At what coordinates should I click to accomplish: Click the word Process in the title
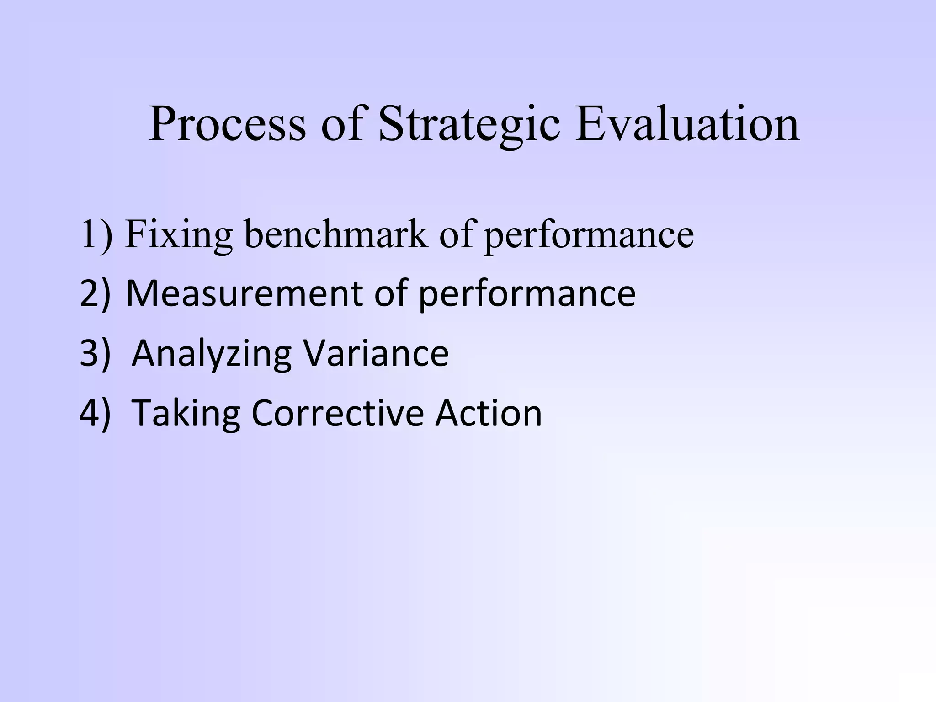pos(227,124)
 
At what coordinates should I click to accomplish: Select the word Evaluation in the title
pos(687,124)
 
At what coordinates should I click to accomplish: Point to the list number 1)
pos(96,234)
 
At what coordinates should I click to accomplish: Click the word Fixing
pos(179,234)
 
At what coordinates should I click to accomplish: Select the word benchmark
pos(336,234)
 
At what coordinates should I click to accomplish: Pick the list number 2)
pos(95,293)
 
